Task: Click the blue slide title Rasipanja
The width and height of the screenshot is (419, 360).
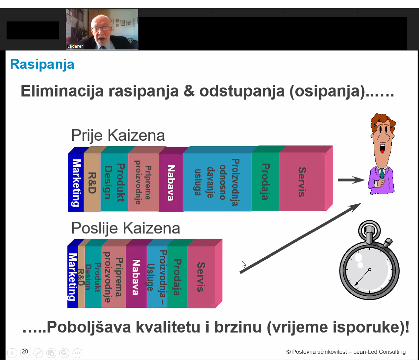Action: [42, 65]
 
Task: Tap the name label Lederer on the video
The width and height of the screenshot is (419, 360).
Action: [75, 46]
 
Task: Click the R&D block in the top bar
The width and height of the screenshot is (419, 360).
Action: [92, 183]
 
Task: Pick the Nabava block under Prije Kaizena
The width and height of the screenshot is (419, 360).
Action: [171, 183]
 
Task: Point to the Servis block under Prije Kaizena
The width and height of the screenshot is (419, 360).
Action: [302, 182]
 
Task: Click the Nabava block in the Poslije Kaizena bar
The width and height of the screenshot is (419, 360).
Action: [136, 277]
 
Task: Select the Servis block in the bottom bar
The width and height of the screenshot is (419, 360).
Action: [201, 277]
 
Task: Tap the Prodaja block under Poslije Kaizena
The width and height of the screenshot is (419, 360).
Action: [177, 277]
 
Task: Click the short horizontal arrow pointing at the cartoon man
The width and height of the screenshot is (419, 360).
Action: [351, 180]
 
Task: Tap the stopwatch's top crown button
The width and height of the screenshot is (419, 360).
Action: [369, 233]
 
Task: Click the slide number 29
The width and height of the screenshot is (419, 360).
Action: [25, 351]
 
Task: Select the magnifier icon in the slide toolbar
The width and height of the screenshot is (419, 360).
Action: [64, 353]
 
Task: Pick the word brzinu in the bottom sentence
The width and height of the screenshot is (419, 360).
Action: [238, 327]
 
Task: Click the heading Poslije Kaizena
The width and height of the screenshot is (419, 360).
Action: [125, 228]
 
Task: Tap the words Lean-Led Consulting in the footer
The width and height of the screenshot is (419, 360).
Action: [379, 352]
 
